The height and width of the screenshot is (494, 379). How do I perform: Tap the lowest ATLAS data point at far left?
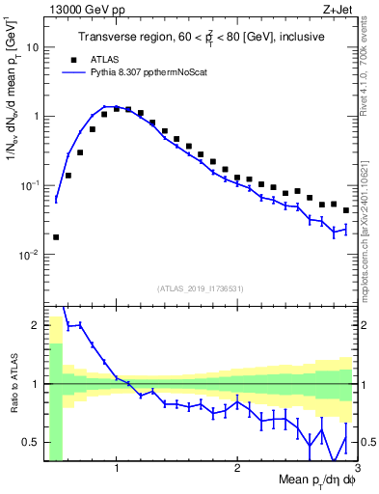click(x=56, y=236)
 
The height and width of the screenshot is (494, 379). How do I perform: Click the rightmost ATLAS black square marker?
click(x=346, y=210)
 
